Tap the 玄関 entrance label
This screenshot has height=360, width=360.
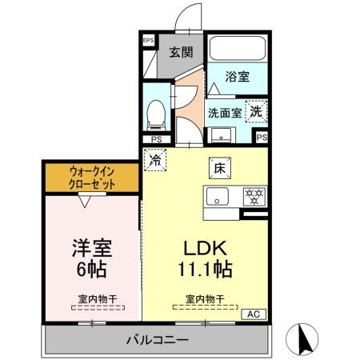[181, 53]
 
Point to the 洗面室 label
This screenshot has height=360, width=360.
[225, 113]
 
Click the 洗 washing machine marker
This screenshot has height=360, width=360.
[255, 112]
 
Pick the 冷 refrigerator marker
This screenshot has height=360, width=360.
[154, 159]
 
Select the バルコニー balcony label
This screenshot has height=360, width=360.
[157, 340]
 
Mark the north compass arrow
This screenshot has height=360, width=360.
[306, 338]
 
